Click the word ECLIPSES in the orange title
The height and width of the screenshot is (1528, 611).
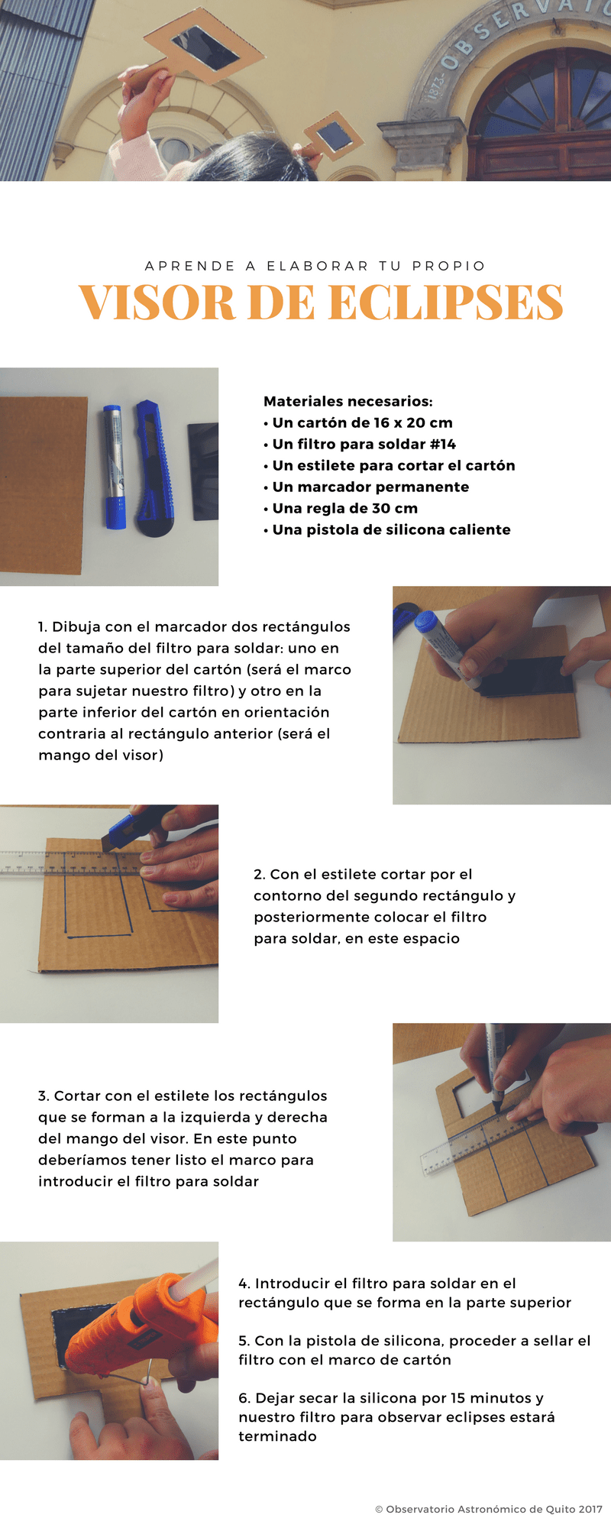point(446,303)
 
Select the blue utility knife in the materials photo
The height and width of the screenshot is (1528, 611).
point(155,468)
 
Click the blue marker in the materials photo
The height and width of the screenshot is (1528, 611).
point(115,467)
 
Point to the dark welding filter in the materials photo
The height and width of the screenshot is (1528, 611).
point(203,471)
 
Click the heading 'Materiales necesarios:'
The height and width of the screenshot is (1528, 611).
point(348,401)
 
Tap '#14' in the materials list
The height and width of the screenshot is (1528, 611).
point(443,444)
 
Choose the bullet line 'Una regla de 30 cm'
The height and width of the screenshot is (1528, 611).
point(341,508)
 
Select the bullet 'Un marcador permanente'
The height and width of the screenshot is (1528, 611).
point(366,487)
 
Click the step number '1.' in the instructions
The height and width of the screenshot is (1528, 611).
point(43,626)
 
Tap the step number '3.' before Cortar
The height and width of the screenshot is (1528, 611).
point(44,1096)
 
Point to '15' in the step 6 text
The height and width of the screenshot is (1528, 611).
point(457,1398)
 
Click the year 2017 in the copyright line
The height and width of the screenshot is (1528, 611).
point(590,1509)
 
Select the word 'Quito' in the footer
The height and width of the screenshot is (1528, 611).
point(560,1509)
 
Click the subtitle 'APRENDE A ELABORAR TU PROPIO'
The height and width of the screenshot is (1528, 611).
point(315,266)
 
